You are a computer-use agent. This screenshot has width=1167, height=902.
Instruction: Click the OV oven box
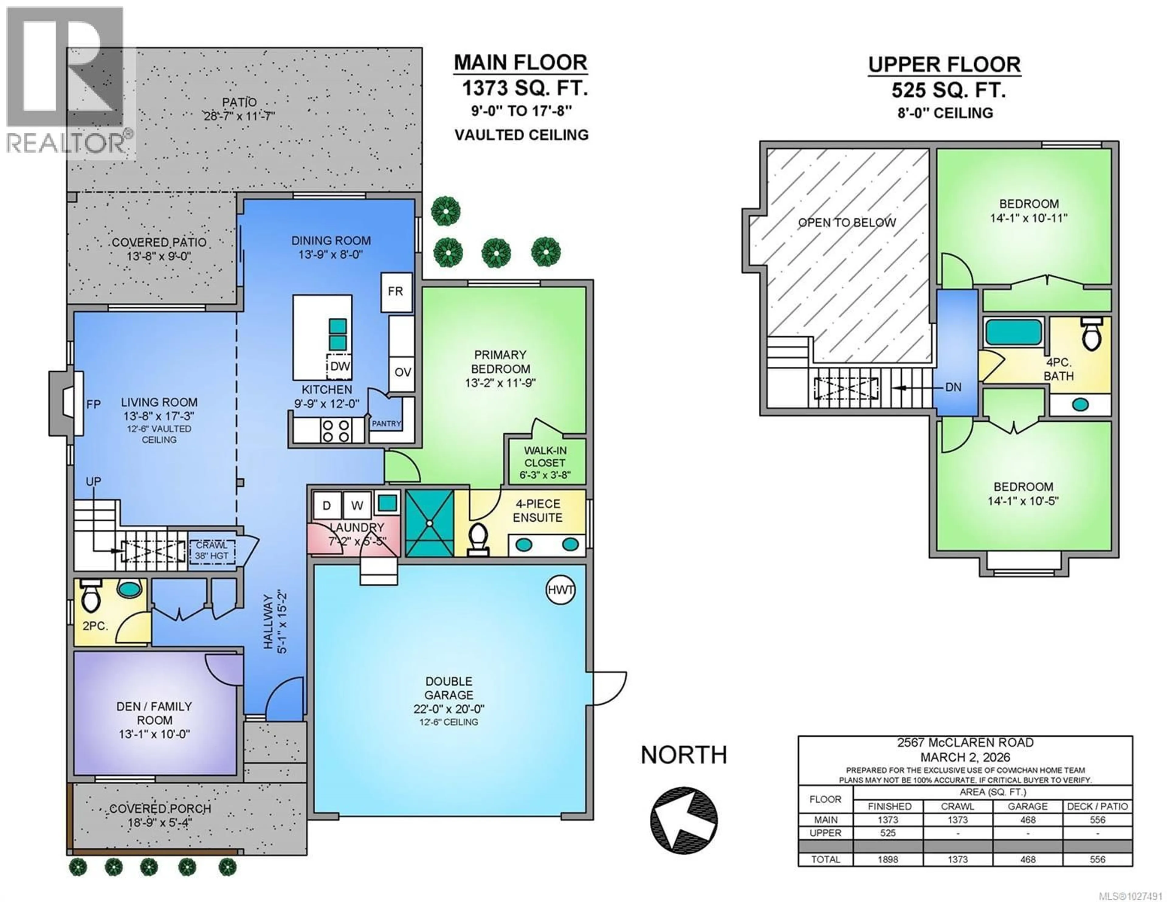[402, 372]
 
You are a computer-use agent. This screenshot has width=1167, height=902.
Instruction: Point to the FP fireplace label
[94, 405]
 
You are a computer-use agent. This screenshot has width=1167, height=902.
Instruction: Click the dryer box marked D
[326, 505]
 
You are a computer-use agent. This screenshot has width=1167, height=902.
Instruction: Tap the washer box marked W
[357, 505]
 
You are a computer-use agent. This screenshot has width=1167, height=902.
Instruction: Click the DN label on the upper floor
[953, 387]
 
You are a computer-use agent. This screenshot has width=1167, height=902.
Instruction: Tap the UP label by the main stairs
[94, 482]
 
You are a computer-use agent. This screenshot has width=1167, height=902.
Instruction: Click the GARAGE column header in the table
[1028, 806]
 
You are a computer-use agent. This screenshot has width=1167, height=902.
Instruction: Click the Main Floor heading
[521, 63]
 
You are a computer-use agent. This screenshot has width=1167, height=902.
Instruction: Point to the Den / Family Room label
[154, 713]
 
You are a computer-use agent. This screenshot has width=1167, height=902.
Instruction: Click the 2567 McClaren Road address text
[965, 743]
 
